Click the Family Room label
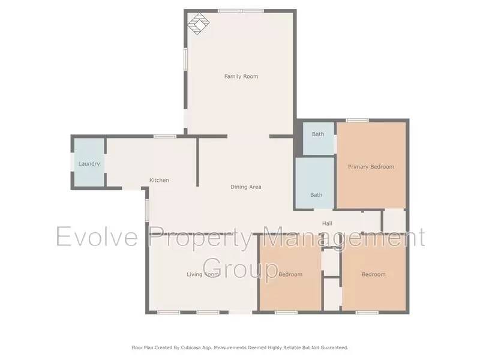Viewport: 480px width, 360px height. click(241, 77)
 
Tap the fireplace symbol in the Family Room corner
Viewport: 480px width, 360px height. click(198, 24)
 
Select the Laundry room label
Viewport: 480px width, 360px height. click(89, 164)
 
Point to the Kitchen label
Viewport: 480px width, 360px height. click(159, 180)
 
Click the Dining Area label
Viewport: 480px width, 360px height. click(246, 187)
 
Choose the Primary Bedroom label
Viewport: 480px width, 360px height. click(371, 167)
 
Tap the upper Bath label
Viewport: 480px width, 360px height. click(317, 134)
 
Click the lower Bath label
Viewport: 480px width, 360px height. click(316, 195)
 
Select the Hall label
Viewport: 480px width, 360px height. click(327, 224)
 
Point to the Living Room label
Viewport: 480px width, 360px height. click(202, 275)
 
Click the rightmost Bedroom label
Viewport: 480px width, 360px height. click(373, 275)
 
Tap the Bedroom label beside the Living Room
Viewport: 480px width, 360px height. click(290, 275)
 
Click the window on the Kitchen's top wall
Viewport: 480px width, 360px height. click(164, 136)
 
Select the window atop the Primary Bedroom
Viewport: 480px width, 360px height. click(357, 121)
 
